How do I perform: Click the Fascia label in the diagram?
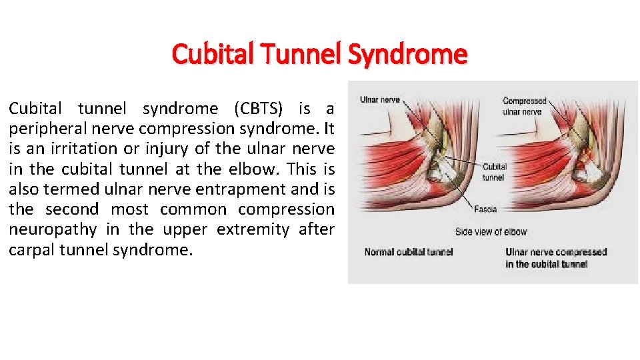coord(485,209)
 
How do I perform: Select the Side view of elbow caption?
coord(491,232)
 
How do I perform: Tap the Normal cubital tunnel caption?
coord(409,252)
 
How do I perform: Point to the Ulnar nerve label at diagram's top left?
coord(379,100)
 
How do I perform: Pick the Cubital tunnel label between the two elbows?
coord(494,172)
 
